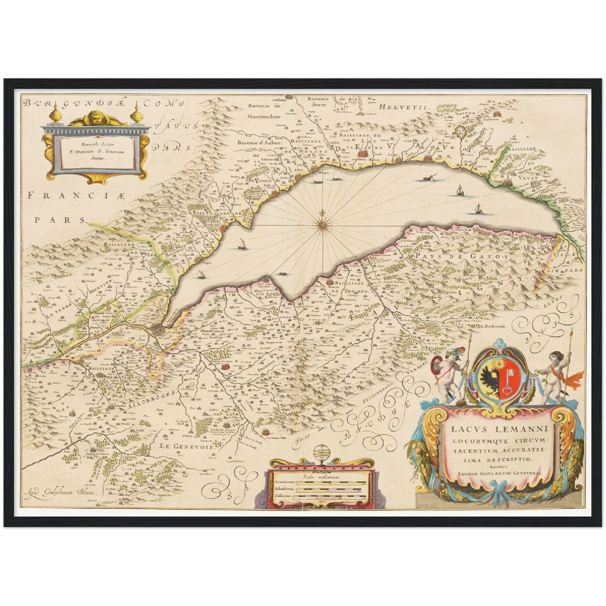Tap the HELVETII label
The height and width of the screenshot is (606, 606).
[404, 107]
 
